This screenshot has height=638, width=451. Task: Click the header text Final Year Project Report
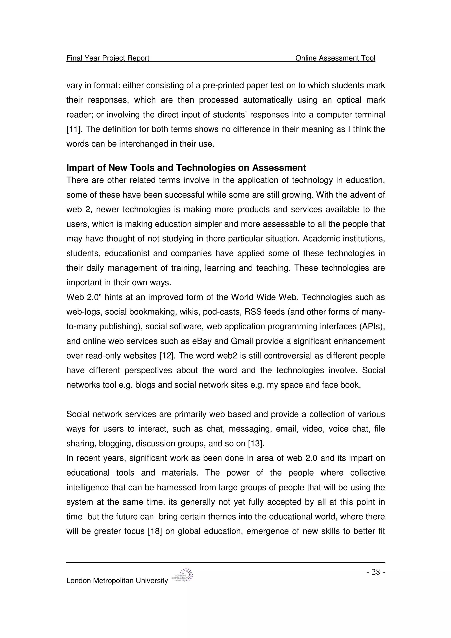[108, 58]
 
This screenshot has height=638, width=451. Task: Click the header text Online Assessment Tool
[335, 58]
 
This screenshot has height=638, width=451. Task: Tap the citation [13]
[256, 443]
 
